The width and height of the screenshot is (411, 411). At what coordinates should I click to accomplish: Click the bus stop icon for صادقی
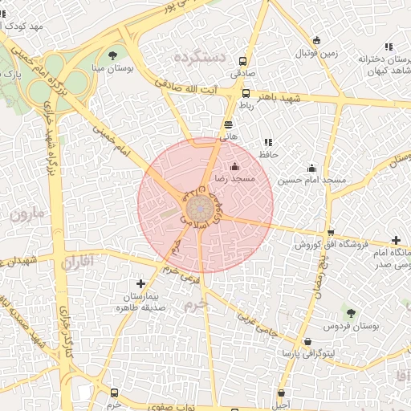(x=243, y=60)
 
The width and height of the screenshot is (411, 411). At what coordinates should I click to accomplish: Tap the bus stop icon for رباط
(x=246, y=92)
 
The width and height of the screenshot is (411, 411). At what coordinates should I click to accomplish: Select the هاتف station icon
(x=229, y=124)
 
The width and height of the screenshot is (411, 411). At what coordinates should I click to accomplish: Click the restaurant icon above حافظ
(x=267, y=142)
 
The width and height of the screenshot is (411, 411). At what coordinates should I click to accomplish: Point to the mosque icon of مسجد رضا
(x=234, y=166)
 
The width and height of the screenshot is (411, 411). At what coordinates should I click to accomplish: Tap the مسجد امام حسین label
(x=311, y=181)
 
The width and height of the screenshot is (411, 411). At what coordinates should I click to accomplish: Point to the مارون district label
(x=29, y=215)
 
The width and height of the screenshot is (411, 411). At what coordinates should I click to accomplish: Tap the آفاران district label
(x=77, y=261)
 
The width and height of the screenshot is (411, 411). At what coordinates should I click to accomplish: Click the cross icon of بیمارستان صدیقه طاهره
(x=141, y=283)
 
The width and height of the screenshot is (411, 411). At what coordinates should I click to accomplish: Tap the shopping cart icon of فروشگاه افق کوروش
(x=331, y=231)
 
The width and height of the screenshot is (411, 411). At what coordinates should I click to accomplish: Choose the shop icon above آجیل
(x=281, y=393)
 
